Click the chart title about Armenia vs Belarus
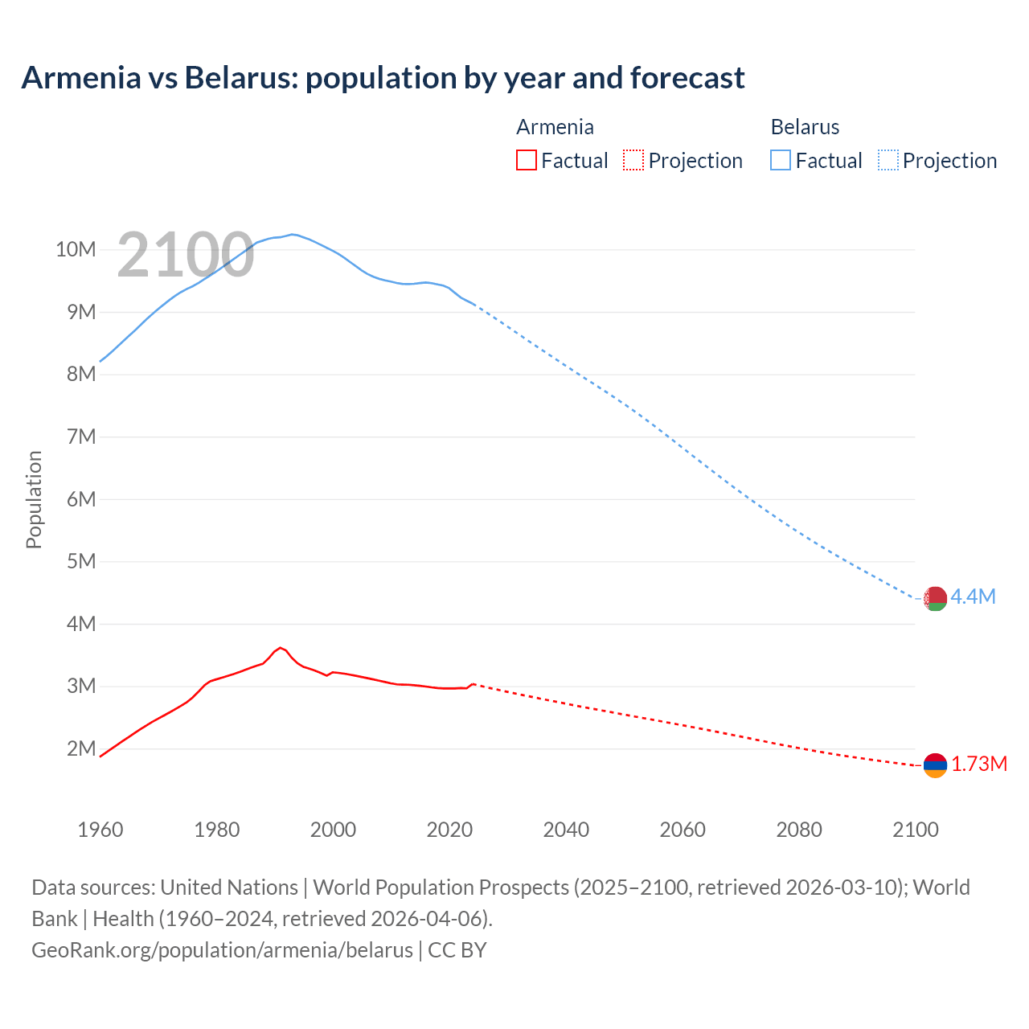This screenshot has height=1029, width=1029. click(x=383, y=78)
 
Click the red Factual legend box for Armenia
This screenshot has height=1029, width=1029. click(x=526, y=160)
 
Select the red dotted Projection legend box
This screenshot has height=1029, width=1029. click(x=633, y=160)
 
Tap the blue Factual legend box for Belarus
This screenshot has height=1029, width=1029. click(x=780, y=160)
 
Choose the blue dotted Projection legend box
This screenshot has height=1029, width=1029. click(x=888, y=160)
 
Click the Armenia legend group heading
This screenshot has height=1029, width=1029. click(x=555, y=127)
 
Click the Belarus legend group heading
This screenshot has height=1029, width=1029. click(x=805, y=127)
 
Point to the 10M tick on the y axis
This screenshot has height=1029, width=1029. click(x=76, y=249)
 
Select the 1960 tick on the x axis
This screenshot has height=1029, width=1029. click(x=100, y=830)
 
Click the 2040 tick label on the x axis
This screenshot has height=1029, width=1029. click(x=566, y=830)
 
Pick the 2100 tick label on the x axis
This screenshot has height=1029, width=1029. click(x=915, y=830)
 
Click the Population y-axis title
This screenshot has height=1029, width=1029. click(x=34, y=499)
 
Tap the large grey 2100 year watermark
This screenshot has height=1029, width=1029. click(x=185, y=256)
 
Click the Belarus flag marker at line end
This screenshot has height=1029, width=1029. click(x=935, y=599)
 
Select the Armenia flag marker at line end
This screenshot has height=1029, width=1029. click(x=935, y=765)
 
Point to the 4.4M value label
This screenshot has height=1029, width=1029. click(x=973, y=596)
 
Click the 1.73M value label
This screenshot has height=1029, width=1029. click(x=978, y=764)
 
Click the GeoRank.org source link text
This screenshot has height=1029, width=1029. click(x=222, y=949)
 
